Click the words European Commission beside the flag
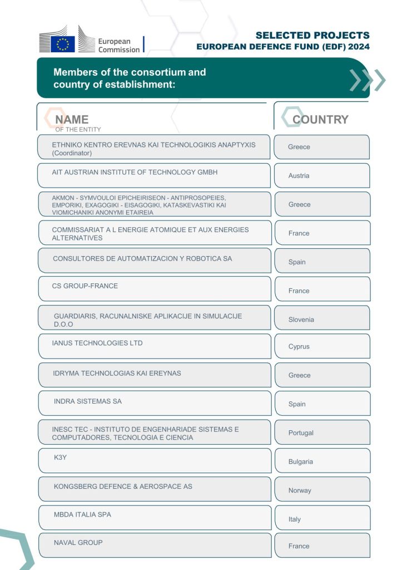click(118, 45)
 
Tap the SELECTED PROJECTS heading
click(312, 36)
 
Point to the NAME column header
click(72, 119)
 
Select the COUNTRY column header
click(320, 119)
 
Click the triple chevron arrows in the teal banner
click(367, 80)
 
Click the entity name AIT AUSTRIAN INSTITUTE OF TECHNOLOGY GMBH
click(135, 172)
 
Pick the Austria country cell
click(299, 176)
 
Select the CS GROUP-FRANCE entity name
click(85, 286)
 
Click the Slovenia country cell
click(301, 320)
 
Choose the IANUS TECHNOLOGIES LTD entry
click(97, 343)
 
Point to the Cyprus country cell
click(299, 347)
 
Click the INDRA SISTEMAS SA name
click(87, 401)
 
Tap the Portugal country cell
click(301, 433)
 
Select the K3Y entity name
click(60, 458)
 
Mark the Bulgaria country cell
click(300, 462)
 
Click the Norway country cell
click(300, 490)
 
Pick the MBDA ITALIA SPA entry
click(82, 514)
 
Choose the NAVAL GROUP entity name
click(78, 542)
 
